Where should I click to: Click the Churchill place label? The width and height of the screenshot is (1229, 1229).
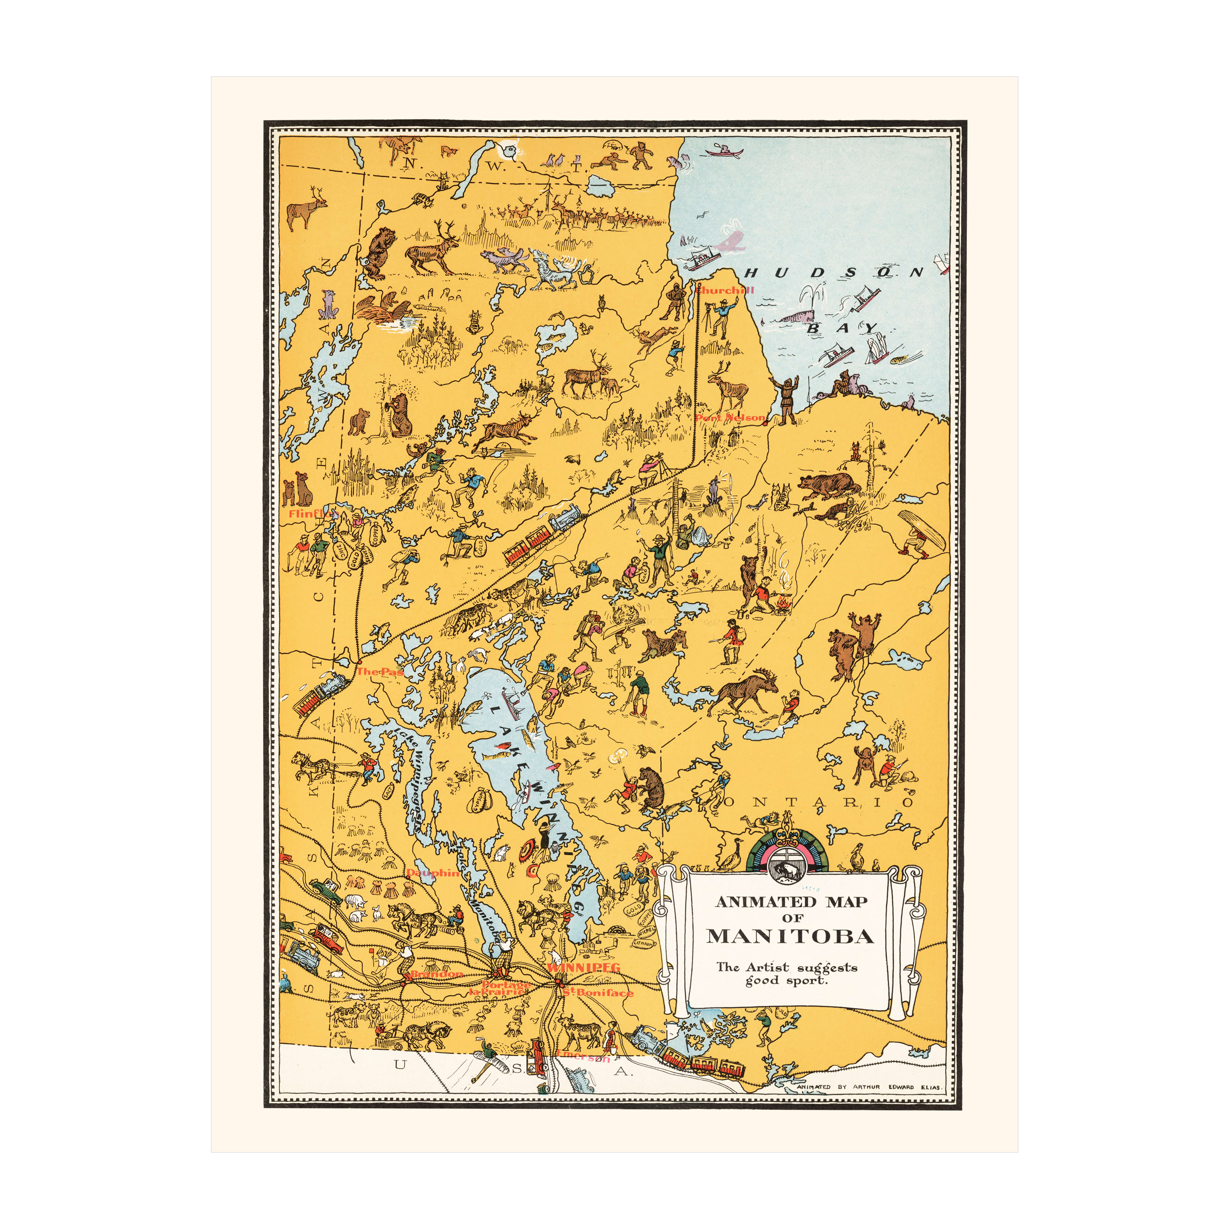pos(725,290)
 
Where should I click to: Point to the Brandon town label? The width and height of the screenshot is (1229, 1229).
pos(436,974)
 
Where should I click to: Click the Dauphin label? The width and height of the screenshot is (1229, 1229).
pos(433,873)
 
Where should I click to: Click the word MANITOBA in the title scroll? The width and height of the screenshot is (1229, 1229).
pos(790,936)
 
